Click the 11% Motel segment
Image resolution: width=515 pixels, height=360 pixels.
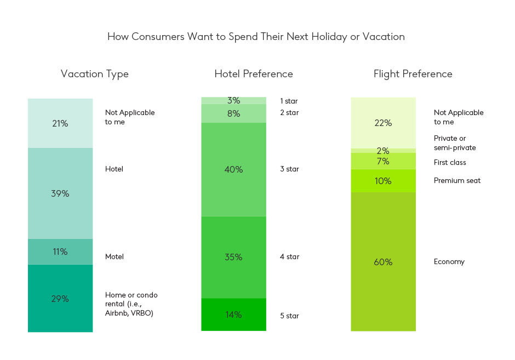click(60, 252)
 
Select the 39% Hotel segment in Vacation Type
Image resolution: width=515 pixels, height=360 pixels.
click(60, 193)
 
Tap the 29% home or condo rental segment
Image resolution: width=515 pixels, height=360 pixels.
click(60, 298)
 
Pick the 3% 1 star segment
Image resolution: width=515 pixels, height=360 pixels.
click(233, 100)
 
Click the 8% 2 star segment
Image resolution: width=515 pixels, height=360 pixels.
click(233, 113)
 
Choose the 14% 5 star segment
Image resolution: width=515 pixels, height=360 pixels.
click(233, 315)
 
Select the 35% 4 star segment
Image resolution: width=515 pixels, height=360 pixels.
click(233, 257)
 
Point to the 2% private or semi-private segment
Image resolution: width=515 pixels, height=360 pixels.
click(384, 151)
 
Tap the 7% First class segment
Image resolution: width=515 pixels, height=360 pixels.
click(384, 161)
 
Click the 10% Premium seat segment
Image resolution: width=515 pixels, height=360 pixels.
click(384, 181)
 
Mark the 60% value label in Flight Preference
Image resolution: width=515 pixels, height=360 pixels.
click(383, 262)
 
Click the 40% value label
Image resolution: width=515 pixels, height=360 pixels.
click(233, 169)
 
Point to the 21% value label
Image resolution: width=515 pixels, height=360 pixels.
click(60, 123)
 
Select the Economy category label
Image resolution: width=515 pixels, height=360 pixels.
click(449, 262)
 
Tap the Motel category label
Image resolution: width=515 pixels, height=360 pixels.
click(115, 256)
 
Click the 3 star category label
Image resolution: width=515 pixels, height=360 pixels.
click(289, 169)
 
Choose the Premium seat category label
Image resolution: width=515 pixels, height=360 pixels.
click(457, 180)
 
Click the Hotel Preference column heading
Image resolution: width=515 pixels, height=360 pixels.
click(254, 74)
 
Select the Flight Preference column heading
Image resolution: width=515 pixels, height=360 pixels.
click(413, 74)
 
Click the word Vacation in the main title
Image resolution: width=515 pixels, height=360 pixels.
click(384, 37)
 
